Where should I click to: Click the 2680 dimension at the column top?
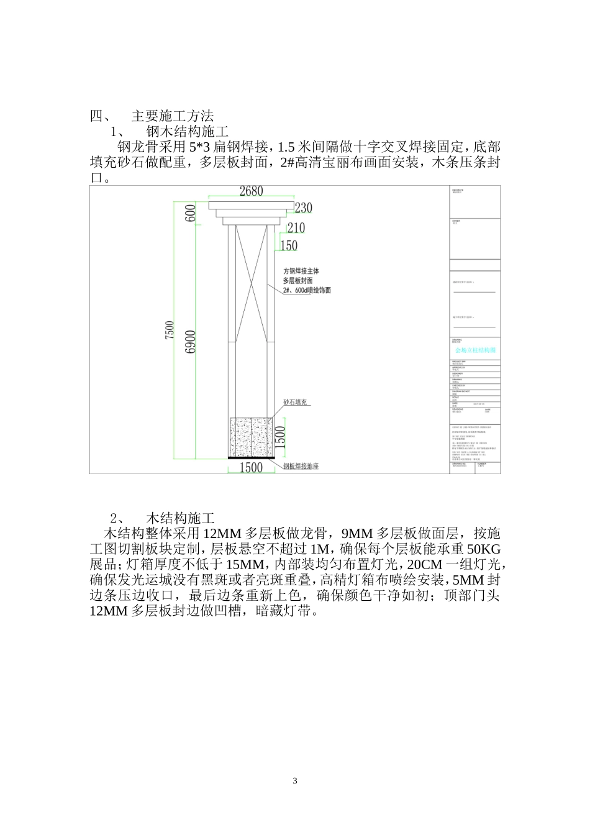pos(252,192)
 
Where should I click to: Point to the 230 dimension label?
pos(303,208)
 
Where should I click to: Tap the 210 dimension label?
pos(296,228)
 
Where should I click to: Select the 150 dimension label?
pos(289,246)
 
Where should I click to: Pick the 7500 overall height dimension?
pos(170,330)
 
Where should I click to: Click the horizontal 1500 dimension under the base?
pos(251,467)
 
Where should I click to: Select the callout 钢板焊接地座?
pos(301,466)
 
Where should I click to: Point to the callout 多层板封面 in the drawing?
pos(298,281)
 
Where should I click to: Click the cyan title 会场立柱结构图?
pos(475,350)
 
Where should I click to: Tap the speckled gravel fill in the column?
pos(251,437)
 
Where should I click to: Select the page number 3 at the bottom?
pos(295,781)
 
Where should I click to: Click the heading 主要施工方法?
pos(173,116)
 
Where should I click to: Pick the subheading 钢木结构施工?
pos(188,132)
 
